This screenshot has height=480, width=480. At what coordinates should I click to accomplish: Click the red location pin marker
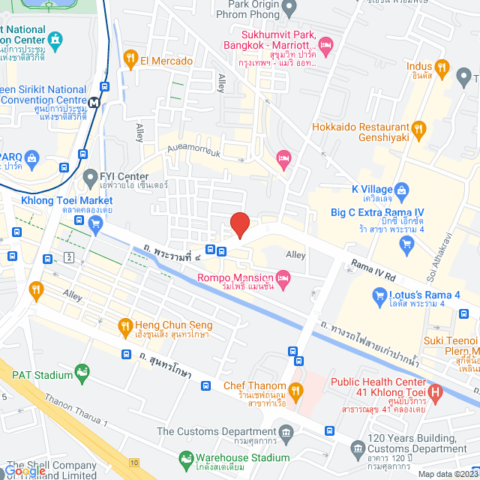click(x=239, y=224)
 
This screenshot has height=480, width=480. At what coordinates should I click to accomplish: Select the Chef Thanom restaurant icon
click(x=296, y=389)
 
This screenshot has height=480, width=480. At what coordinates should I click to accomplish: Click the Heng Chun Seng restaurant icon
click(x=125, y=325)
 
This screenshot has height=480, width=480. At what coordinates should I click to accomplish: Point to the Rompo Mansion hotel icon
click(x=283, y=280)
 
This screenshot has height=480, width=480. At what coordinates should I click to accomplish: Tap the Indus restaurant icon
click(x=442, y=70)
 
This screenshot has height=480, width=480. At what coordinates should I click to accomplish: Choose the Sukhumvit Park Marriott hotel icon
click(x=325, y=46)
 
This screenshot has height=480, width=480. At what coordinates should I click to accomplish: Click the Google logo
click(x=25, y=471)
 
